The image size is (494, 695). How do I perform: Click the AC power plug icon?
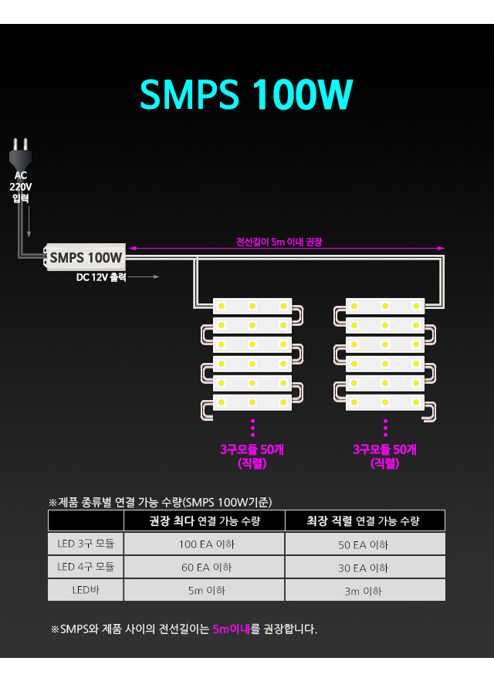21,154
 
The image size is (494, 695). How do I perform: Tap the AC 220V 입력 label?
21,187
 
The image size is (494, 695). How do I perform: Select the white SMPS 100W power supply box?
86,257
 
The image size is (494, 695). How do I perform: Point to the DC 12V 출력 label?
101,277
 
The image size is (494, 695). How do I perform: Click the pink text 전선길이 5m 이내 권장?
279,242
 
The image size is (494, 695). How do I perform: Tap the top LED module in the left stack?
252,307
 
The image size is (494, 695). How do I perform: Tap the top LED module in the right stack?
384,307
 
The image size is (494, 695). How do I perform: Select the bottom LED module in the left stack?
252,402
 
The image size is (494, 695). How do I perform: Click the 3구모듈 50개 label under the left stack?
252,449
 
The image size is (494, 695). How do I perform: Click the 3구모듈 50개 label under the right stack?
385,449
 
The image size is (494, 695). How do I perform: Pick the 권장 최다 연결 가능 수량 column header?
205,521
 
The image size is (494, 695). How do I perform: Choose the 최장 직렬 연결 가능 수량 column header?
364,521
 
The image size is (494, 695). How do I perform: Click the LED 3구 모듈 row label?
86,544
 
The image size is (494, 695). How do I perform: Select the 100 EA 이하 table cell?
205,544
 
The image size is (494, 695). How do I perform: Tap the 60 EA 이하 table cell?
205,568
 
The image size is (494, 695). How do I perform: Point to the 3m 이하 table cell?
364,592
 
